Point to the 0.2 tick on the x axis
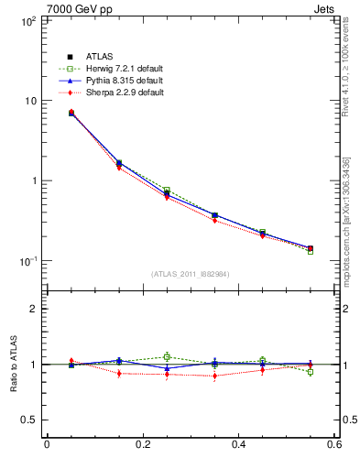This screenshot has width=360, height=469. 143,446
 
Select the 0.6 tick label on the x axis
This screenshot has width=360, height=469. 335,446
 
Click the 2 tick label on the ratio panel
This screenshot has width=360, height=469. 34,309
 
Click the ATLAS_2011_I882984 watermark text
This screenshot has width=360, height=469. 191,274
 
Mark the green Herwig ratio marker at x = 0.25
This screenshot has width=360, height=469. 167,356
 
